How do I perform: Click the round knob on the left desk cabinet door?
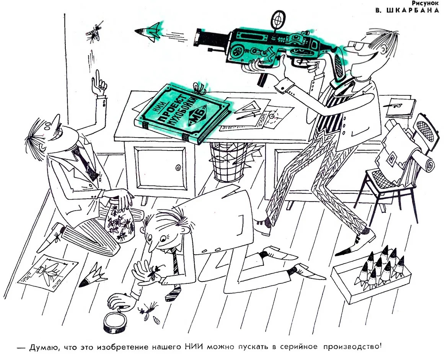[178, 167]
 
